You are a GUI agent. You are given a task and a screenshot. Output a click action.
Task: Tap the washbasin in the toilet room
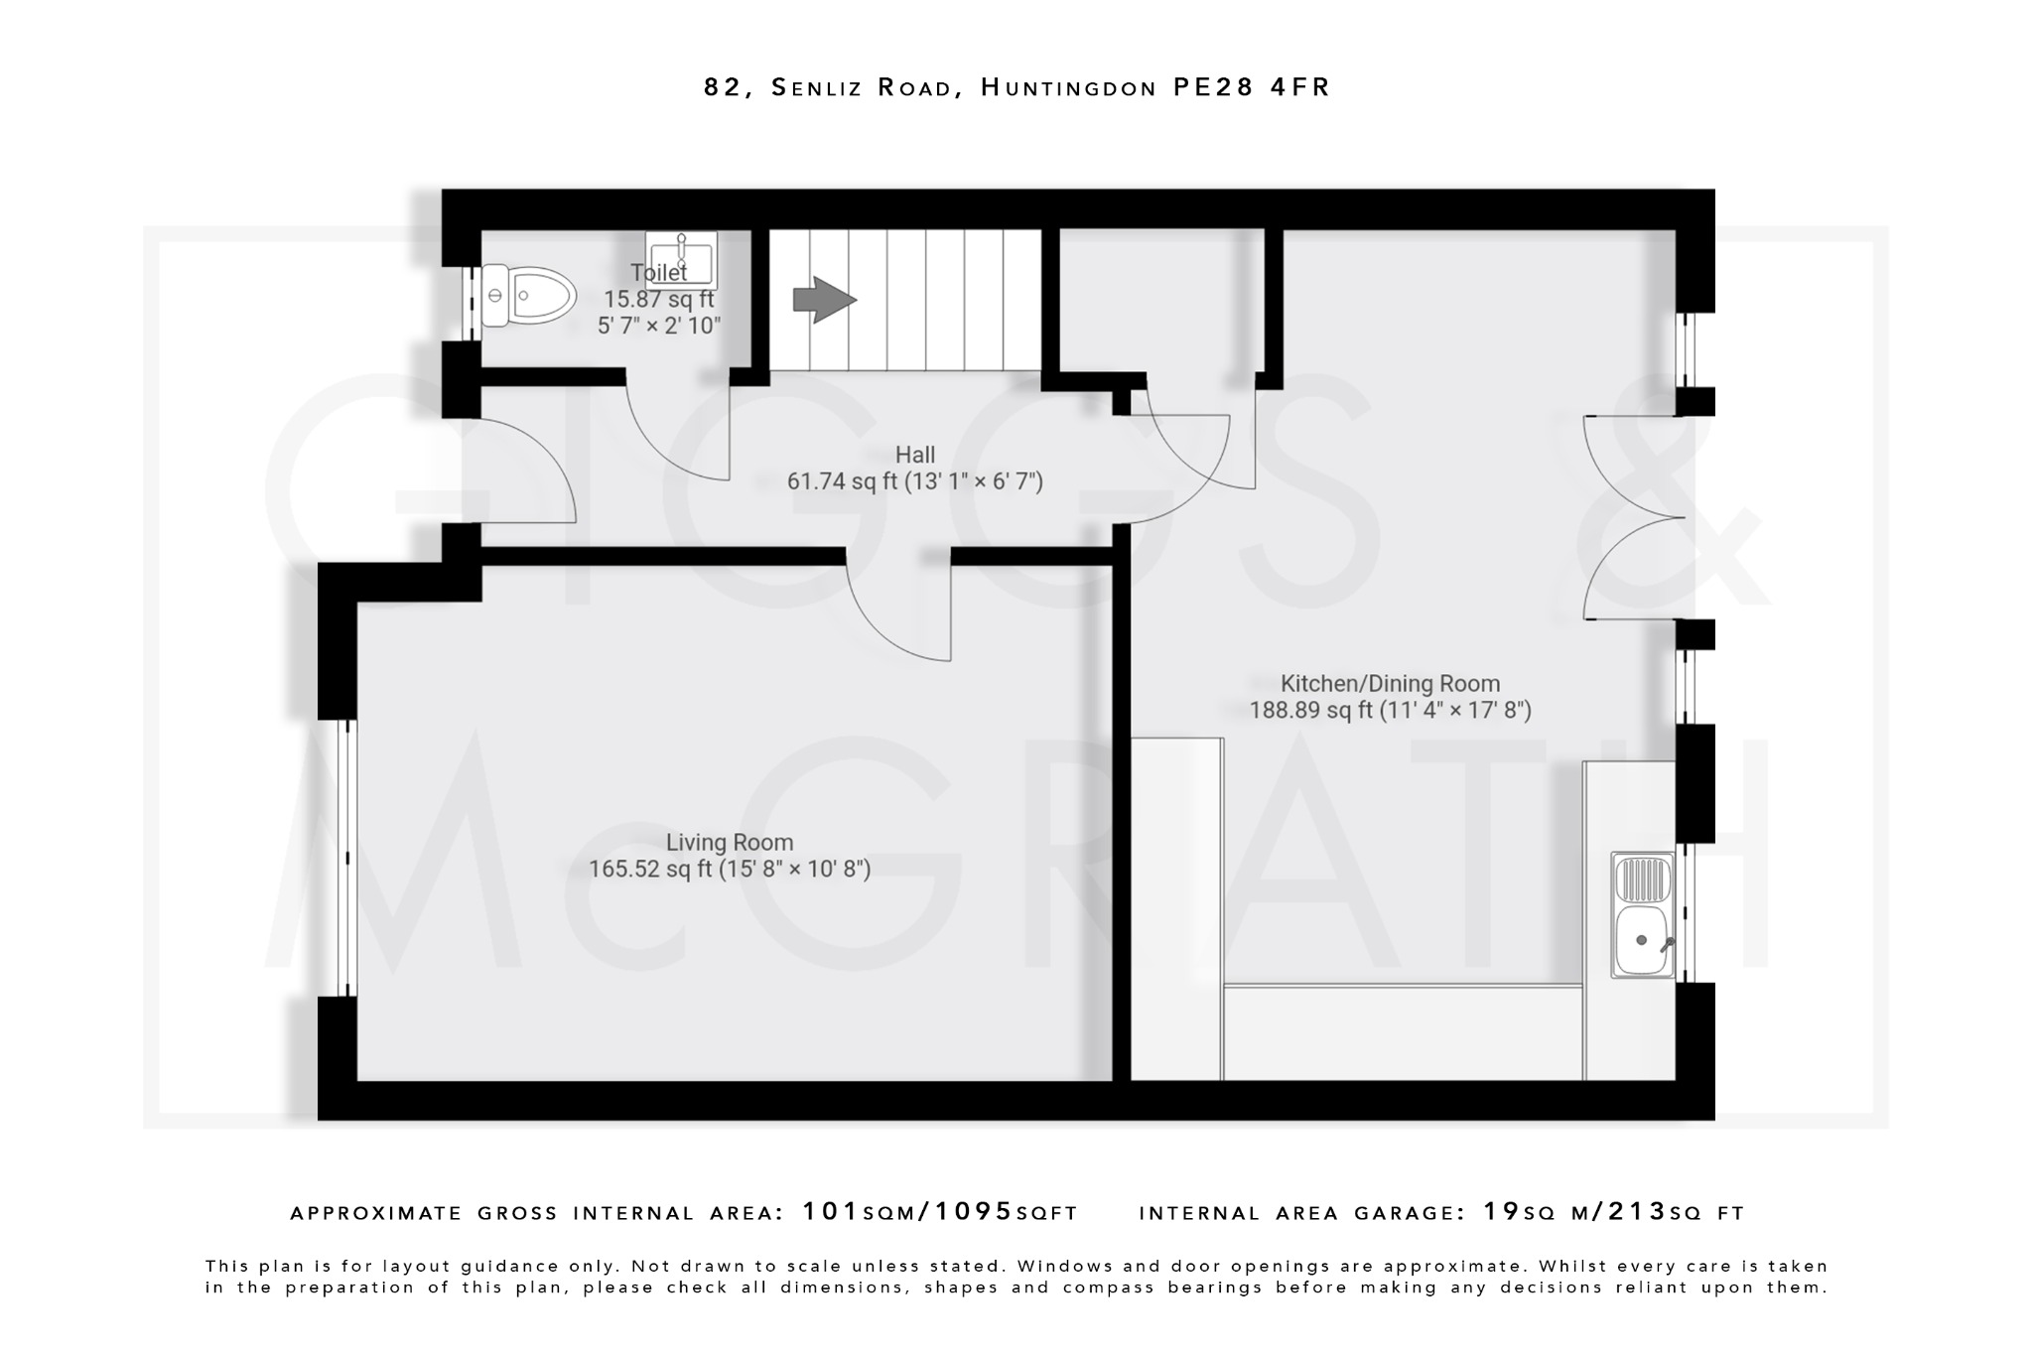click(x=682, y=260)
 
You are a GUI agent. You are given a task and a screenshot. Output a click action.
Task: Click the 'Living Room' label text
click(x=729, y=843)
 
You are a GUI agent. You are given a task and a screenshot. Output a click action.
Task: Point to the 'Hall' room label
click(x=914, y=455)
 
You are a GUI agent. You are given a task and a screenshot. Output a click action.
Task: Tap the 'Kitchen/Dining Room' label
click(x=1390, y=683)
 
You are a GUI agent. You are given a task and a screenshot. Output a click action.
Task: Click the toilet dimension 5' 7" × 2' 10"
click(x=658, y=326)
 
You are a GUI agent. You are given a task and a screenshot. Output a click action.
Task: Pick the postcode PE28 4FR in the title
click(x=1251, y=87)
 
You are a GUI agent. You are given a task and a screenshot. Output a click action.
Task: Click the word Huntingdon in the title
click(x=1068, y=88)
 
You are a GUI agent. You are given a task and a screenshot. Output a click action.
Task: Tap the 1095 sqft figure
click(x=974, y=1212)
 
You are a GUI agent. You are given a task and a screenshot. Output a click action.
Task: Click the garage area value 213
click(x=1637, y=1212)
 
